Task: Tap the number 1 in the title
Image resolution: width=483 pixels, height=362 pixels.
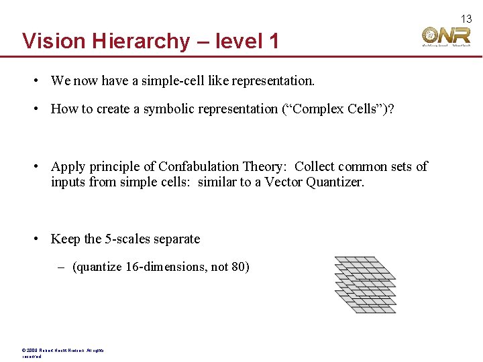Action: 273,41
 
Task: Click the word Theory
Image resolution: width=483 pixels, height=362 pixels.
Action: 266,166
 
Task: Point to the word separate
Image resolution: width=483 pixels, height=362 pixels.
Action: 178,239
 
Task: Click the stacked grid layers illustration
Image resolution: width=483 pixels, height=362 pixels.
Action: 365,284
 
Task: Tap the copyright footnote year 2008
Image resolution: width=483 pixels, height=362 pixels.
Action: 32,350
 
